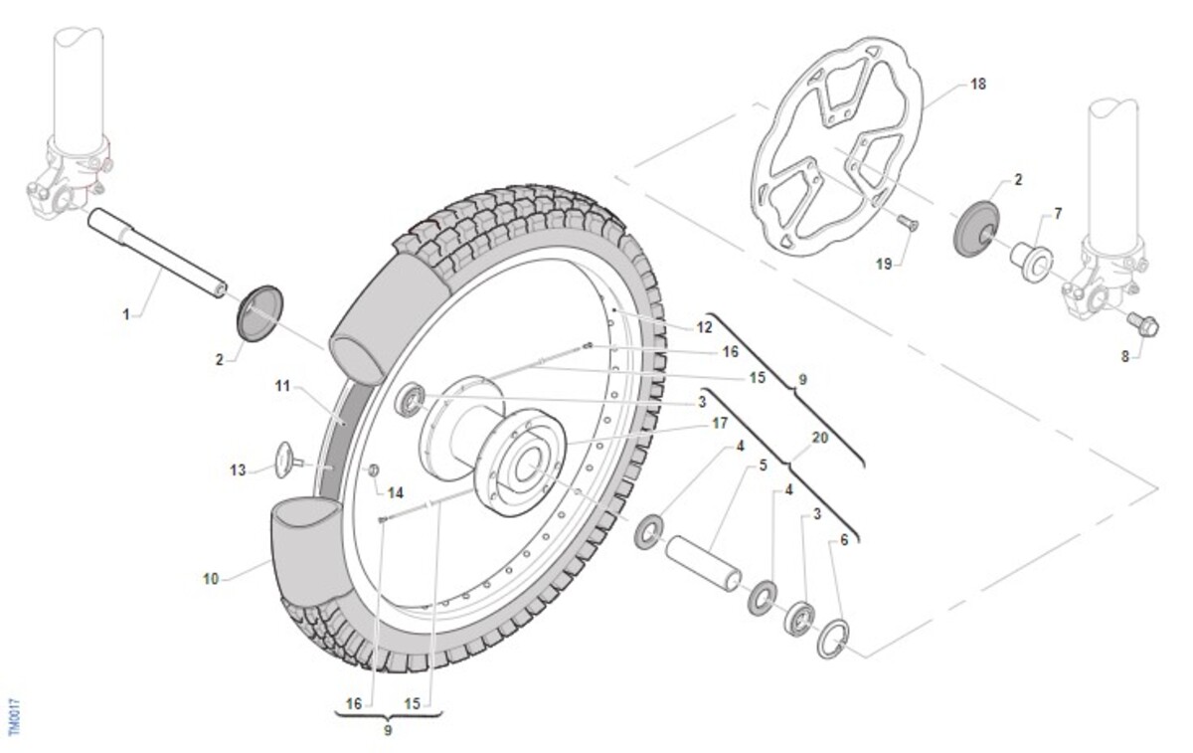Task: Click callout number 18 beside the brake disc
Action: tap(978, 85)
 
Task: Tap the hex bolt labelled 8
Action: tap(1143, 324)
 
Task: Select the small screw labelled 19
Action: tap(908, 222)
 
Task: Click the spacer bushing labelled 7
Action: tap(1032, 263)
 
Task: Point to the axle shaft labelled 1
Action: tap(157, 253)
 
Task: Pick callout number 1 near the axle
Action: tap(126, 315)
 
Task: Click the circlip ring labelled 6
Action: tap(833, 639)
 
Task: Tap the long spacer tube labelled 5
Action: tap(703, 563)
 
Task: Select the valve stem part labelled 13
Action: tap(289, 461)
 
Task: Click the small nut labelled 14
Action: tap(374, 471)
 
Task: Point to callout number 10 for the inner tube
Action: tap(211, 579)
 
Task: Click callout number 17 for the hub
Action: tap(720, 423)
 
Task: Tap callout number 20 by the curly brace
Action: tap(820, 438)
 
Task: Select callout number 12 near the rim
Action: tap(704, 327)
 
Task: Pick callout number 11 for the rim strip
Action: tap(282, 385)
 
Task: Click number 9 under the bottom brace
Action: tap(388, 730)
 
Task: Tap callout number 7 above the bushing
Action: tap(1058, 214)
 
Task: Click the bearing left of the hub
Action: tap(410, 400)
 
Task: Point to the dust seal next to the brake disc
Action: tap(976, 229)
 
